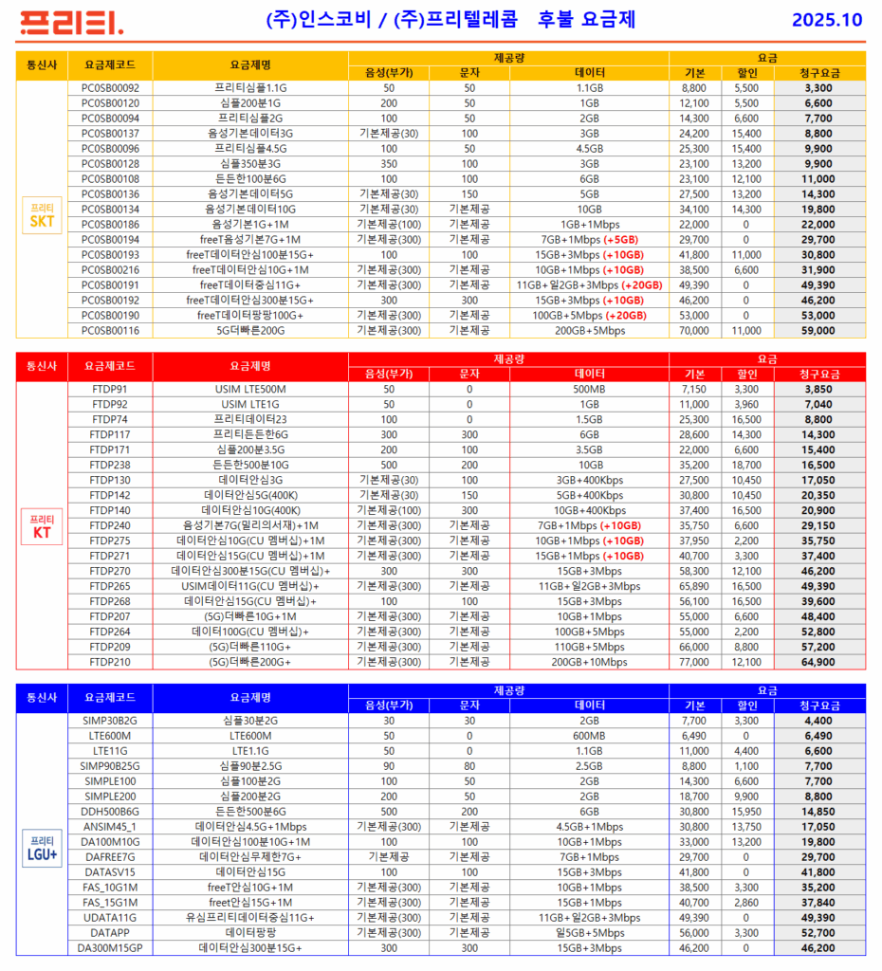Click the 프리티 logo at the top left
[71, 21]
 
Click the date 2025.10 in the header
[827, 20]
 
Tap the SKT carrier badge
[42, 217]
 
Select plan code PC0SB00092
[110, 88]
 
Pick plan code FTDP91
[110, 389]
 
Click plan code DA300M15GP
[110, 947]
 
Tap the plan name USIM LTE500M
[250, 389]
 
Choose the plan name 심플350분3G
[250, 164]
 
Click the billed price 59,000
[818, 331]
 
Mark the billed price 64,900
[818, 662]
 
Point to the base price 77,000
[694, 662]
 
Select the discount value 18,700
[747, 465]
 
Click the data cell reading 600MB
[589, 735]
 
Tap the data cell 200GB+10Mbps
[589, 662]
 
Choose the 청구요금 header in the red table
[818, 374]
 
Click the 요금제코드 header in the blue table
[110, 697]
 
